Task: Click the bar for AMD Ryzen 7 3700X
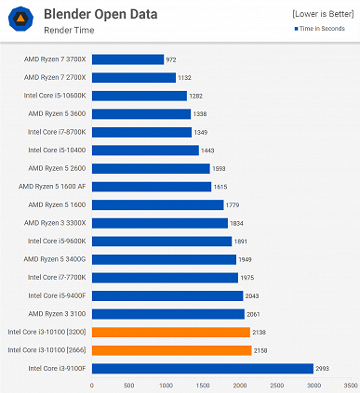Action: point(127,59)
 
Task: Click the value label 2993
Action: point(322,368)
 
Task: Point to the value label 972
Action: point(170,59)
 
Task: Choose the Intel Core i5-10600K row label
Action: point(55,96)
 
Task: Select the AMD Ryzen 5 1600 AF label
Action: point(56,187)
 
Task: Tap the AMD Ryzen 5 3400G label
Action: point(56,259)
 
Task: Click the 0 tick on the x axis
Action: point(92,384)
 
